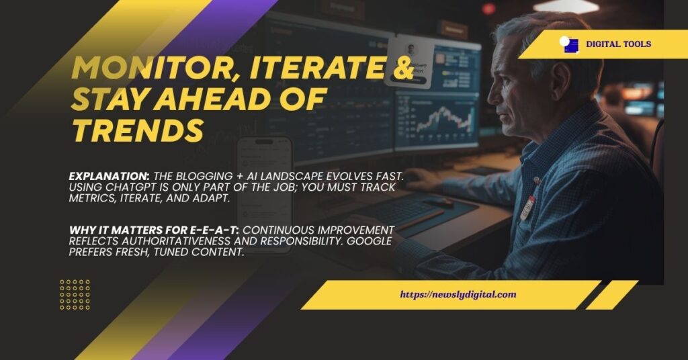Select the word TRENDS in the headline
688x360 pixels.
click(138, 130)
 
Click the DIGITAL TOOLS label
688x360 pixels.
click(618, 44)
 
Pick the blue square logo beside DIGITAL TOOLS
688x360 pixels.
click(568, 44)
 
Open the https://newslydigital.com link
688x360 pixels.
click(458, 294)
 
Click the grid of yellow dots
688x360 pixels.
click(75, 294)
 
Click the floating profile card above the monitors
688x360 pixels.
click(411, 61)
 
